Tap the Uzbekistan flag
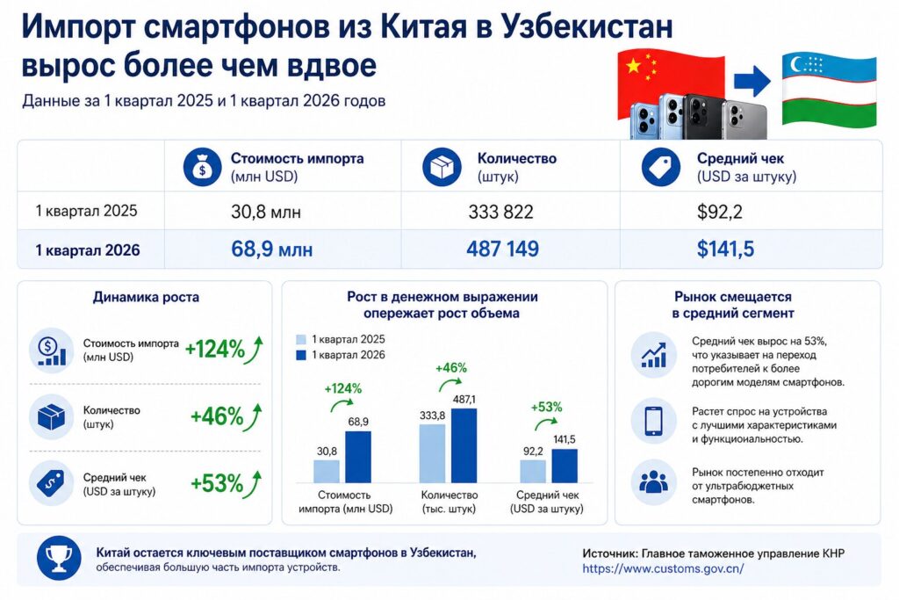coord(829,88)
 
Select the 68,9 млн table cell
coord(271,250)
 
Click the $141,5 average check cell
coord(726,250)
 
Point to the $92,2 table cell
coord(721,212)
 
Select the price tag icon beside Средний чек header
coord(661,167)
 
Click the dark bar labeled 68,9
coord(357,457)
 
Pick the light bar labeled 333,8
coord(432,453)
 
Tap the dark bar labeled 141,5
coord(565,466)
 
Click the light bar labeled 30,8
coord(327,471)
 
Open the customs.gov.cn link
coord(663,568)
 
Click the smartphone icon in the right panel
coord(653,420)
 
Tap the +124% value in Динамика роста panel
coord(214,349)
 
